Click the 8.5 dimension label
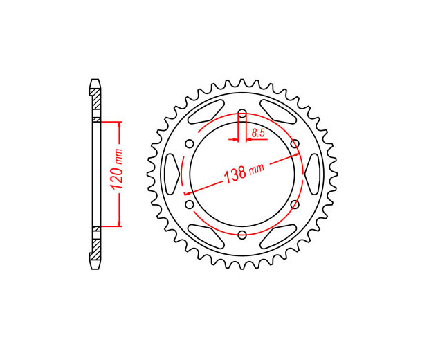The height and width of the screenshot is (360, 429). point(258,134)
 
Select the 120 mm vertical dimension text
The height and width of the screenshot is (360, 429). point(117,170)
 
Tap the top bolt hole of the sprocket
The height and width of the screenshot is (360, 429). point(242,113)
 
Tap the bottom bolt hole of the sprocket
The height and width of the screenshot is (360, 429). point(242,234)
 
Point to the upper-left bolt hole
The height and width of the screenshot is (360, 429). point(190,143)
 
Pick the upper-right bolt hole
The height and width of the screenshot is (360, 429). point(295,143)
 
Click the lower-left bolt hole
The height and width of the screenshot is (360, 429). point(190,204)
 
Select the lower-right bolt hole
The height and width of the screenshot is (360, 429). point(295,204)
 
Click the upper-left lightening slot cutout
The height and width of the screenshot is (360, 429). point(207,111)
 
